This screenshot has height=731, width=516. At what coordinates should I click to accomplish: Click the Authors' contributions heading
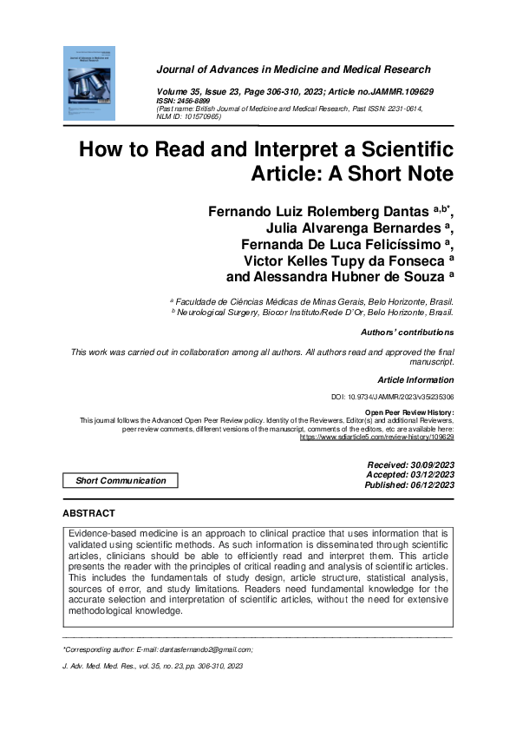[x=407, y=333]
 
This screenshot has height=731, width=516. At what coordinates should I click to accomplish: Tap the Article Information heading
[x=415, y=380]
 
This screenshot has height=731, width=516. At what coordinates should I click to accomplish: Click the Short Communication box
[x=121, y=481]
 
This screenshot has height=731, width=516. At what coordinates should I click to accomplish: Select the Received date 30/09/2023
[x=411, y=466]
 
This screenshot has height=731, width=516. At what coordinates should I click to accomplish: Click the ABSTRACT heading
[x=89, y=514]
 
